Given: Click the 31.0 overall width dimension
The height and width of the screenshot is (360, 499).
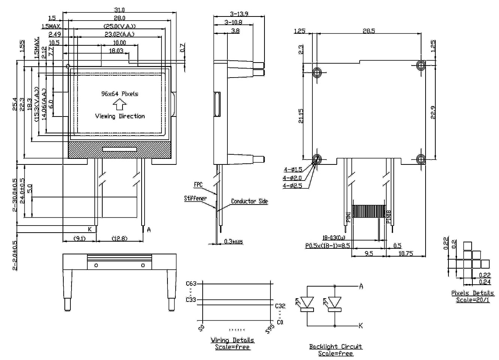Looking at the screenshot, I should point(120,10).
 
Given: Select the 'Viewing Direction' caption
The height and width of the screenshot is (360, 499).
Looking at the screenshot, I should point(120,116).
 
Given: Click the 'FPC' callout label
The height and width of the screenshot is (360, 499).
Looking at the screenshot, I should point(198,185).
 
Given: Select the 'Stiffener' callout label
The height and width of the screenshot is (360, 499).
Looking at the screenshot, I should point(195,198).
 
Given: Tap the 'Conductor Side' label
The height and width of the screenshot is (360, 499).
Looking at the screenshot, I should point(249,201).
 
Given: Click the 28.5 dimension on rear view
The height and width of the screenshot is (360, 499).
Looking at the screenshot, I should point(369,31).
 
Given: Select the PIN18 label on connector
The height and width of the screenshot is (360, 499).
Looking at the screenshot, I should point(389,217).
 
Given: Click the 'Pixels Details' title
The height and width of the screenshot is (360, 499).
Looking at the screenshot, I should point(472,293).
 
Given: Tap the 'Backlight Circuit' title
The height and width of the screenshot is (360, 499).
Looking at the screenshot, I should point(336,347).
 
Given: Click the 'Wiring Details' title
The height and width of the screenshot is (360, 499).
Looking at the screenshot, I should point(232,340).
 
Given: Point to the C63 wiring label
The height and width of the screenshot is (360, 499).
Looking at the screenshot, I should point(191,283).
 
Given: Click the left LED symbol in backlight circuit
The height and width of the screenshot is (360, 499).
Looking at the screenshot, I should point(307,302).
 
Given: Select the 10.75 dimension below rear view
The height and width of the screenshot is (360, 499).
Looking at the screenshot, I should point(406,254).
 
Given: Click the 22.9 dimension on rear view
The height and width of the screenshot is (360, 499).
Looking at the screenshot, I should point(433,112).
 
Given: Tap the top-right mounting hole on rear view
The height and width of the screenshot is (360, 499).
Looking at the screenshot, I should point(420,66).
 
